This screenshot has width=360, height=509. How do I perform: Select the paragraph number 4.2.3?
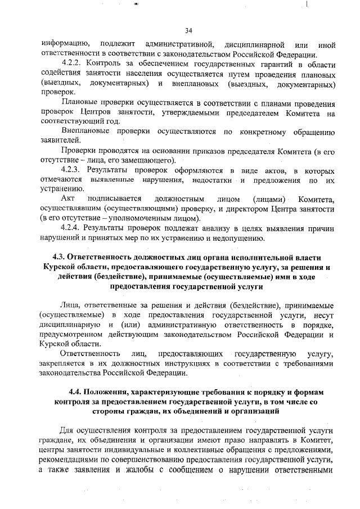click(73, 169)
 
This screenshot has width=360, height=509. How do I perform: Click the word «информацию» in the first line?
click(62, 44)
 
